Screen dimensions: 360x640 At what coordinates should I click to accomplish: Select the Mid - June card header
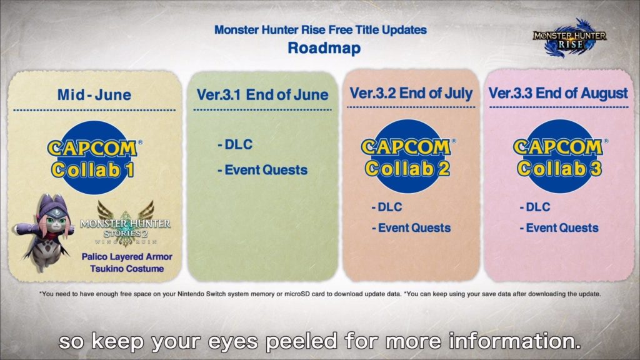point(94,95)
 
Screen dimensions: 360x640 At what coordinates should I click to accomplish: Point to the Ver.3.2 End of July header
point(411,93)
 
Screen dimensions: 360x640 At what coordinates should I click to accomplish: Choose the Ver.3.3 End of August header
point(558,93)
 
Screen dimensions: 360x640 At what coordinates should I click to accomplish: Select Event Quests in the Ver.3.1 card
point(262,169)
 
